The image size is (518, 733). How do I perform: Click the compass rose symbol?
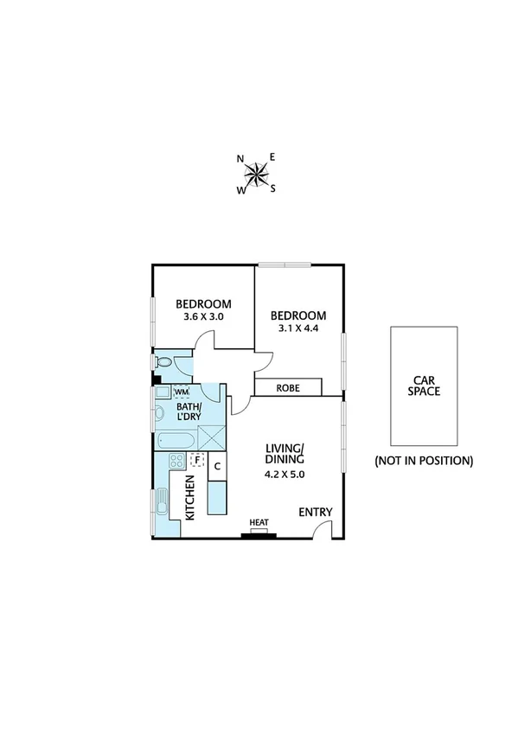(x=257, y=175)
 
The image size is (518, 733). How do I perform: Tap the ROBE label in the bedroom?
(x=288, y=388)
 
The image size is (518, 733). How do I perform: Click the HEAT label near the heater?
(x=259, y=523)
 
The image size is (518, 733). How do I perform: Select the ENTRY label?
(x=316, y=512)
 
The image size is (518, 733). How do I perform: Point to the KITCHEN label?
(x=189, y=499)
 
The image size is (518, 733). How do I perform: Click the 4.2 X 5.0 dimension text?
(x=285, y=474)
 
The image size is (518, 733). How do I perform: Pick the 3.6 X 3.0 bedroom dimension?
(x=203, y=317)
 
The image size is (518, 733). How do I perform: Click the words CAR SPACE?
(x=425, y=385)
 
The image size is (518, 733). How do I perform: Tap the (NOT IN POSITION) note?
(x=424, y=461)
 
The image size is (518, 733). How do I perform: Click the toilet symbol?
(x=164, y=363)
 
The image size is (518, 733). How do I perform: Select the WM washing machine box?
(x=181, y=392)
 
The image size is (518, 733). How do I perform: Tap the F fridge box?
(x=197, y=460)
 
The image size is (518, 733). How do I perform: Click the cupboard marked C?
(x=218, y=467)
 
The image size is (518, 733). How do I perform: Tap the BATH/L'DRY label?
(x=189, y=412)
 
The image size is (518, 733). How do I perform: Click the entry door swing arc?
(x=321, y=529)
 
